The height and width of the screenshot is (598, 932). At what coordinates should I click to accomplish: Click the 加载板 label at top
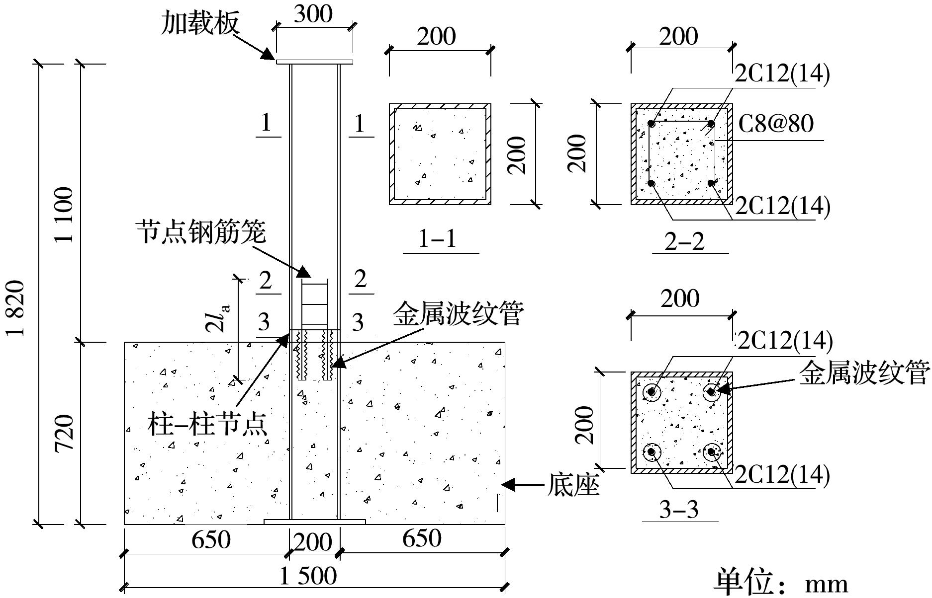(x=200, y=23)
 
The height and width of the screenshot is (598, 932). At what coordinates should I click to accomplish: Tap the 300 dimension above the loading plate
(x=313, y=13)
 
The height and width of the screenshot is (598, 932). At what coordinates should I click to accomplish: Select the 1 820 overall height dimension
(x=16, y=308)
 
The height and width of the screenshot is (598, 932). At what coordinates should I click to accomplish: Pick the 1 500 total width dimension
(x=308, y=576)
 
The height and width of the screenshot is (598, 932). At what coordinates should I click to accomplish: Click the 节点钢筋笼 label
(x=201, y=232)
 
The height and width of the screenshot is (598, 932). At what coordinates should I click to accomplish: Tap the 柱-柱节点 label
(x=208, y=426)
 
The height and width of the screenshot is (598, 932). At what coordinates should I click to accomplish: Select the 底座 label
(x=573, y=485)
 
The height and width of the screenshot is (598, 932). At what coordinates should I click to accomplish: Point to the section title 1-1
(x=438, y=239)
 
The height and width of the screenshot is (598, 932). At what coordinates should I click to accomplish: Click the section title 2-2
(x=685, y=241)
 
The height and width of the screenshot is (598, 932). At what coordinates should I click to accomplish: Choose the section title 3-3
(x=679, y=510)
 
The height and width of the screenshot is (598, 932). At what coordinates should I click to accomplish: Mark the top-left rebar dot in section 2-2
(x=652, y=124)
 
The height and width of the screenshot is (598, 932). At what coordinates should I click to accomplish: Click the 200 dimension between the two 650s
(x=313, y=542)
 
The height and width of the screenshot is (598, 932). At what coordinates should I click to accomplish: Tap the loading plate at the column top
(x=314, y=62)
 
